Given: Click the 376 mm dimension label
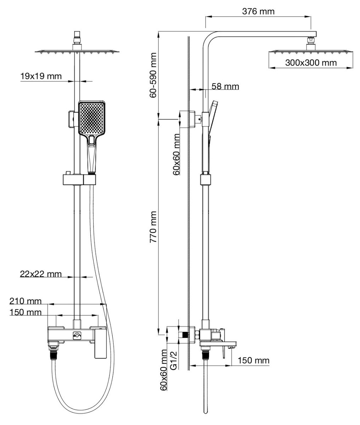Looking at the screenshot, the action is coord(258,11).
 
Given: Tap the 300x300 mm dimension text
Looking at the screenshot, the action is coord(311,63).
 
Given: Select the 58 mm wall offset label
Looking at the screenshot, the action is coord(225,86).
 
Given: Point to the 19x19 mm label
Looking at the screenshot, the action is coord(41,76).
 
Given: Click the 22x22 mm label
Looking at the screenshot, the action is coord(41,274).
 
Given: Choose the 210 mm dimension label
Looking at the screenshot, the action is coord(26,301).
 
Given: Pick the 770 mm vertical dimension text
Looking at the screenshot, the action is coord(153,227).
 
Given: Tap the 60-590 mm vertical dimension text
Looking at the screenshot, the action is coord(153,75).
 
